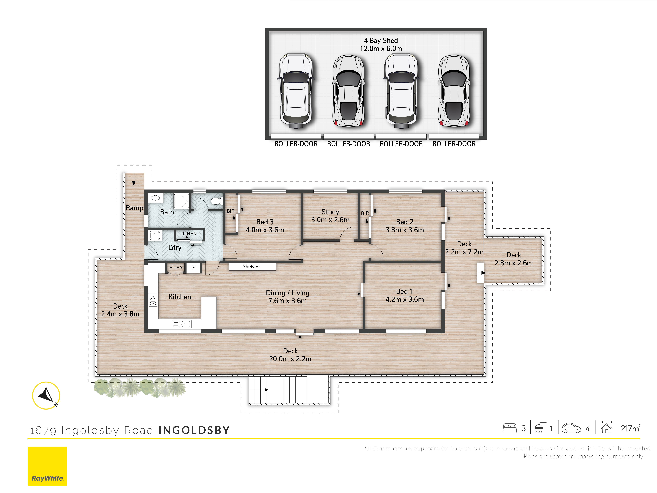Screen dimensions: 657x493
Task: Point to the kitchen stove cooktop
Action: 153,300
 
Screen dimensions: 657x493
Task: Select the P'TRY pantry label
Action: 176,267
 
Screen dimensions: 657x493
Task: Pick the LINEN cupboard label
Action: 189,234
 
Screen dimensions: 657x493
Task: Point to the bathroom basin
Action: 155,198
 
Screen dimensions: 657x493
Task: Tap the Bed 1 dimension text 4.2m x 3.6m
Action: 405,299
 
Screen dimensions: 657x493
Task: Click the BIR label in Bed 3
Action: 230,211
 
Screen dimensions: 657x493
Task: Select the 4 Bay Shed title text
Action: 381,40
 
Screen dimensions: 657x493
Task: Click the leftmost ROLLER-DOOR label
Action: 296,144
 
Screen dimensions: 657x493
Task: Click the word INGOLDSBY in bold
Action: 194,430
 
